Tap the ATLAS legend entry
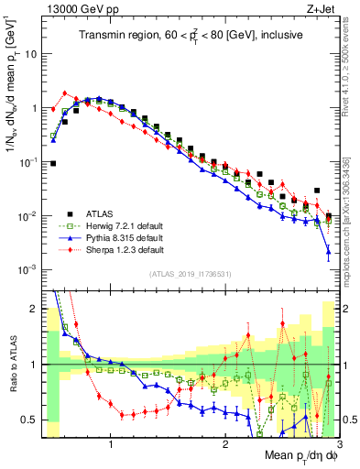pos(103,213)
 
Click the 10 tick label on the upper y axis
pos(30,53)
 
